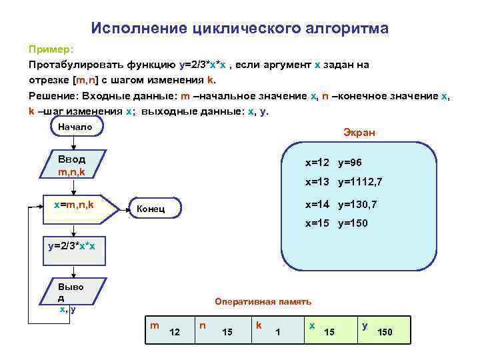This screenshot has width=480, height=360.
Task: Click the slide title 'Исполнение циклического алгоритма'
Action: pyautogui.click(x=239, y=28)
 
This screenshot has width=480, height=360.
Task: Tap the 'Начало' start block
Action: pyautogui.click(x=75, y=127)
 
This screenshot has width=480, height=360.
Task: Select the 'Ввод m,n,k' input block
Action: pyautogui.click(x=72, y=165)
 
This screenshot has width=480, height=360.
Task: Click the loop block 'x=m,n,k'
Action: pyautogui.click(x=74, y=205)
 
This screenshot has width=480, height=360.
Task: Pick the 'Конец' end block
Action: pyautogui.click(x=150, y=210)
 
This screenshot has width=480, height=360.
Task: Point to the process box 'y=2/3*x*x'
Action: pyautogui.click(x=72, y=246)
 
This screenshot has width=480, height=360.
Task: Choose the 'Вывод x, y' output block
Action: pyautogui.click(x=71, y=296)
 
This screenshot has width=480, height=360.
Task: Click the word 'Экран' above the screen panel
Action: pyautogui.click(x=359, y=133)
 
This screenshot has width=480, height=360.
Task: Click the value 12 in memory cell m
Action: pyautogui.click(x=175, y=331)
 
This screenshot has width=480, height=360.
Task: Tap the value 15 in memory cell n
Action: pyautogui.click(x=227, y=331)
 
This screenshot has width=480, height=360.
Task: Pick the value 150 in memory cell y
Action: pyautogui.click(x=385, y=331)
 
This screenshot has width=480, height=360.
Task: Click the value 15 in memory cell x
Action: pyautogui.click(x=329, y=331)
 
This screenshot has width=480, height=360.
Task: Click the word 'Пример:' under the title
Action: pyautogui.click(x=52, y=50)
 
